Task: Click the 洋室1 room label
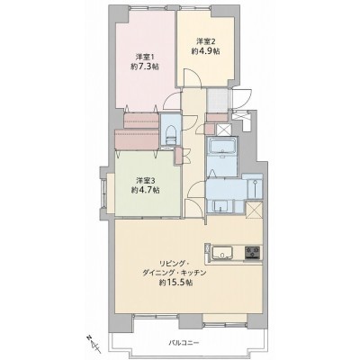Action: (144, 57)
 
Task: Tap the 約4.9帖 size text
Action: (206, 51)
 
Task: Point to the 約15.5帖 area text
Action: (175, 283)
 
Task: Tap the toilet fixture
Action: (170, 135)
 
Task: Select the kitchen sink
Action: (222, 252)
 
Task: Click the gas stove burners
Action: (253, 252)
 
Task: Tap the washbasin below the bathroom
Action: (220, 206)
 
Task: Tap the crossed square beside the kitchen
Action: (254, 211)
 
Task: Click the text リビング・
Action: (171, 264)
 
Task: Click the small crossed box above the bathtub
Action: (223, 130)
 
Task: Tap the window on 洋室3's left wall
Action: (103, 193)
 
